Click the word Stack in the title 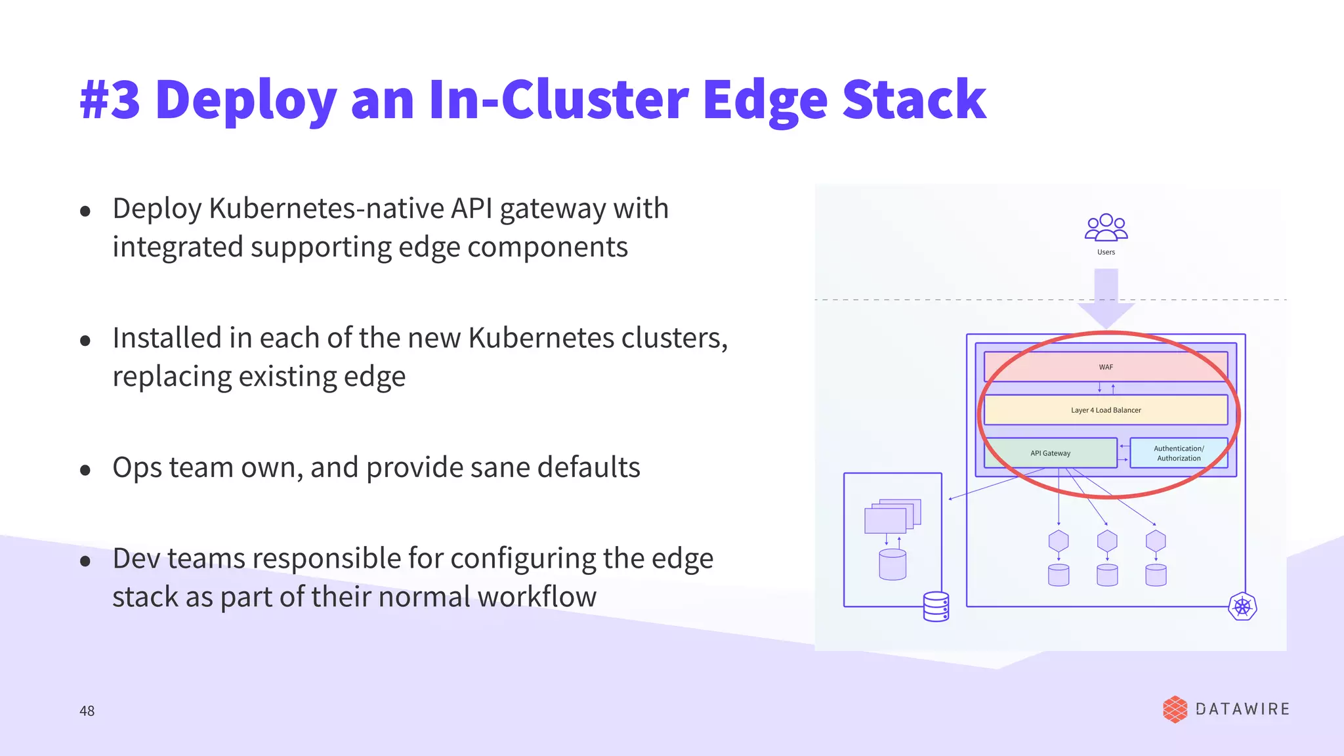pyautogui.click(x=913, y=100)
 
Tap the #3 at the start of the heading pyautogui.click(x=110, y=100)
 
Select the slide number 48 pyautogui.click(x=87, y=711)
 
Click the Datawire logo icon pyautogui.click(x=1175, y=709)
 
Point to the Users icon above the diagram pyautogui.click(x=1106, y=228)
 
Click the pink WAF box pyautogui.click(x=1106, y=367)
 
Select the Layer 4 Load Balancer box pyautogui.click(x=1106, y=410)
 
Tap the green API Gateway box pyautogui.click(x=1050, y=453)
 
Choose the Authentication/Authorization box pyautogui.click(x=1179, y=453)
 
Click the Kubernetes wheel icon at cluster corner pyautogui.click(x=1242, y=606)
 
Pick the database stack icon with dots pyautogui.click(x=936, y=606)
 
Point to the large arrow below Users pyautogui.click(x=1106, y=299)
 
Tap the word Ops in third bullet pyautogui.click(x=136, y=468)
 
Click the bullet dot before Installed pyautogui.click(x=85, y=341)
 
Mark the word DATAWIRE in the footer pyautogui.click(x=1242, y=709)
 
